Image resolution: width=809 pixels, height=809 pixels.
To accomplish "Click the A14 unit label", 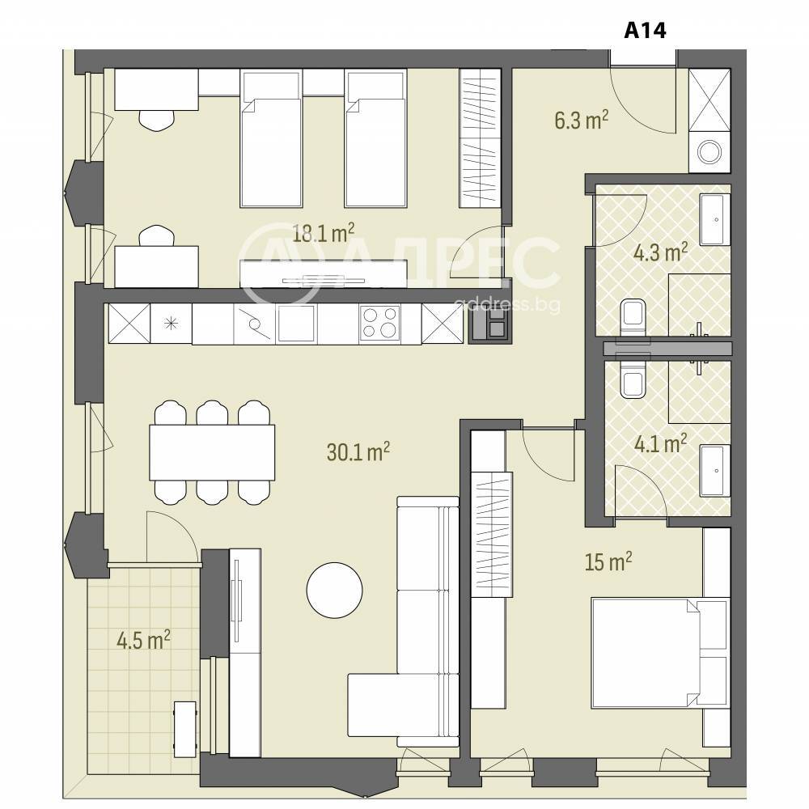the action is coord(645,30).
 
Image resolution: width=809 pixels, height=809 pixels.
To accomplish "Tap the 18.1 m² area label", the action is coord(324,233).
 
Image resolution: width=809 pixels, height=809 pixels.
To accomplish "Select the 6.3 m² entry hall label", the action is coord(582,120).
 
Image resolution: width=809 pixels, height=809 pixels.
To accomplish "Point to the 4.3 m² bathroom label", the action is coord(660,252).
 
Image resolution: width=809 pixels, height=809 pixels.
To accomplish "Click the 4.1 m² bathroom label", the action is coord(660,443).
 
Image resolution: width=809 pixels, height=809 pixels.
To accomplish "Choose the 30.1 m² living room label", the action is coord(358,452).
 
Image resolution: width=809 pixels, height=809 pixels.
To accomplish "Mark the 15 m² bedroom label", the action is coord(608,561).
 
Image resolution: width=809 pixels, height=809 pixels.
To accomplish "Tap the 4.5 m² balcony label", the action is coord(143,641).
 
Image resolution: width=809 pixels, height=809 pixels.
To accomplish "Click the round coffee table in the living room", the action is coord(334,591).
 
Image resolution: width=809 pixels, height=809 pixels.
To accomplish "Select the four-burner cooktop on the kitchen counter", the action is coord(379,323).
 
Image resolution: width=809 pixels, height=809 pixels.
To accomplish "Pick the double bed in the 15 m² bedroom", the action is coord(660,652).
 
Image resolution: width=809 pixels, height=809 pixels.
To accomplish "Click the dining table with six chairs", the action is coord(212,452).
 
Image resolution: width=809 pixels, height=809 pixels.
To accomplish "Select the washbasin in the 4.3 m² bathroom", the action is coord(715,219).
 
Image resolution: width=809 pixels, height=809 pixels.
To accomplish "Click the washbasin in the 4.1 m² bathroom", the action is coord(715,470).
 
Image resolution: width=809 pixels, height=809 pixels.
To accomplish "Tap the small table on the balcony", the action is coord(185,730).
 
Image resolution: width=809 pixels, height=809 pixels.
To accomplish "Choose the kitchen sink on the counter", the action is coord(295,323).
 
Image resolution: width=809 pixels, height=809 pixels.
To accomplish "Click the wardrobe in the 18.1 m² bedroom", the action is coord(480,138).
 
